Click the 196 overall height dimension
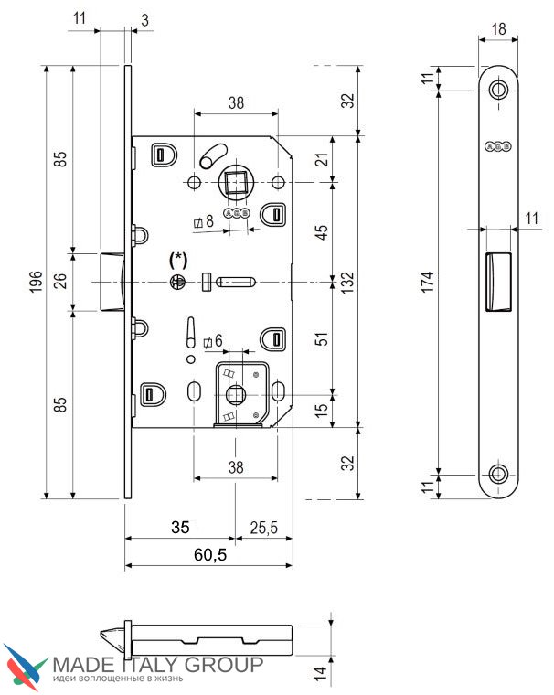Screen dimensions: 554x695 click(x=36, y=282)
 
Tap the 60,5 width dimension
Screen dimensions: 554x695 click(x=210, y=554)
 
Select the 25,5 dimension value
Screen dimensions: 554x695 click(x=263, y=528)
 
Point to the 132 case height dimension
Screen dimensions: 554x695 click(x=348, y=282)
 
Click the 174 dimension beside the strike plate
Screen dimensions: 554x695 click(x=427, y=282)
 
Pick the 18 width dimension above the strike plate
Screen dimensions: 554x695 click(x=498, y=29)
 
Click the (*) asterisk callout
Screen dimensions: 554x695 click(x=178, y=260)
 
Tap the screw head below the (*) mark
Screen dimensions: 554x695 click(x=178, y=282)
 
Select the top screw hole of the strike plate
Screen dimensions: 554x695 click(x=498, y=90)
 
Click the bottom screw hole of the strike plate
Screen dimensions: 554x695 click(x=498, y=475)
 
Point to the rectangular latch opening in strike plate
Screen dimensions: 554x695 click(x=498, y=282)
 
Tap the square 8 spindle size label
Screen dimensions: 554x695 click(x=204, y=221)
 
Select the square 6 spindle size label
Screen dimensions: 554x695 click(x=212, y=341)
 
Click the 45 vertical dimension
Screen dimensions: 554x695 click(x=322, y=231)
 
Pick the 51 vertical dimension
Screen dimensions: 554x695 click(x=323, y=338)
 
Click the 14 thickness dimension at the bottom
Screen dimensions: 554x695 click(x=320, y=672)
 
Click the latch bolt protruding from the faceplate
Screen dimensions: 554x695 click(x=112, y=282)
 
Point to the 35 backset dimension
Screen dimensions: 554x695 click(x=180, y=527)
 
